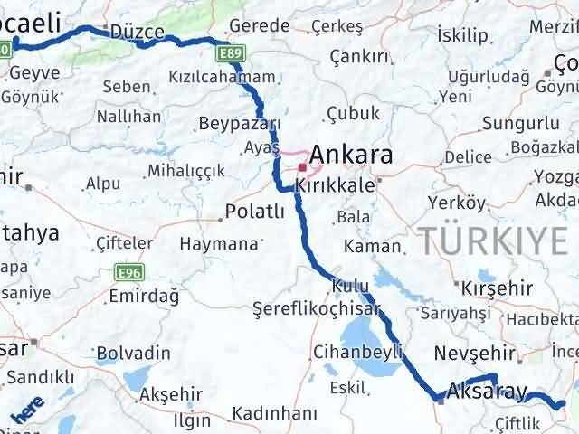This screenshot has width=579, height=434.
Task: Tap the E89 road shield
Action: [230, 55]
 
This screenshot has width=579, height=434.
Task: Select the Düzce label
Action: [137, 32]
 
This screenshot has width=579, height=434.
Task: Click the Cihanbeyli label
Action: [356, 352]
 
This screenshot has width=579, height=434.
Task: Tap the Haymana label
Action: [218, 244]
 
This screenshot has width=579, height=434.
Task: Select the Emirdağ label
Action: [143, 297]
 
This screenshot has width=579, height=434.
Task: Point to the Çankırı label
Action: [359, 56]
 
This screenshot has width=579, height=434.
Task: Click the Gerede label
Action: [260, 26]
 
